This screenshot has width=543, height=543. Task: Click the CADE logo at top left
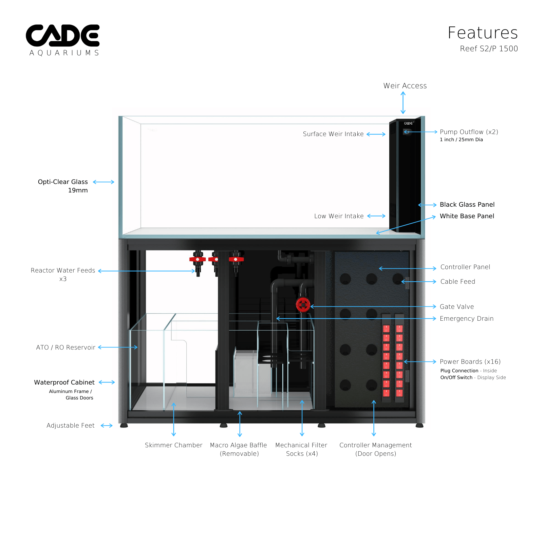(x=63, y=39)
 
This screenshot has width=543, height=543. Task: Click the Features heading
(x=482, y=33)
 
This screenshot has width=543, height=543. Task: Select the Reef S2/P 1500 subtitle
(x=489, y=49)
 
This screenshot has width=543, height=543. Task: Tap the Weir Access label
(x=405, y=86)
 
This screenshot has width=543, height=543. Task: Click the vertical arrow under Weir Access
(x=403, y=102)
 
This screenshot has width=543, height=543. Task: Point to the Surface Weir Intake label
(x=333, y=134)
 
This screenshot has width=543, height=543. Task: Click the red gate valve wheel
(x=303, y=305)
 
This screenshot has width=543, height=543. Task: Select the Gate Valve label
(x=456, y=307)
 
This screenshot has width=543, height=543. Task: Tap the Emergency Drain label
(x=466, y=319)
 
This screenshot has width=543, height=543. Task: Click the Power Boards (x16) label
(x=470, y=362)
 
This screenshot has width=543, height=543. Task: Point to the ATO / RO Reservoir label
(x=65, y=348)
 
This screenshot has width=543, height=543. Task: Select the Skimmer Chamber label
(x=173, y=445)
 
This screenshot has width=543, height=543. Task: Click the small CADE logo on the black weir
(x=408, y=123)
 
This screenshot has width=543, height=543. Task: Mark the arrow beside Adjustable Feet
(x=107, y=426)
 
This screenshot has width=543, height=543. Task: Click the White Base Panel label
(x=467, y=216)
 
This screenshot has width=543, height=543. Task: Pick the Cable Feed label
(x=457, y=282)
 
